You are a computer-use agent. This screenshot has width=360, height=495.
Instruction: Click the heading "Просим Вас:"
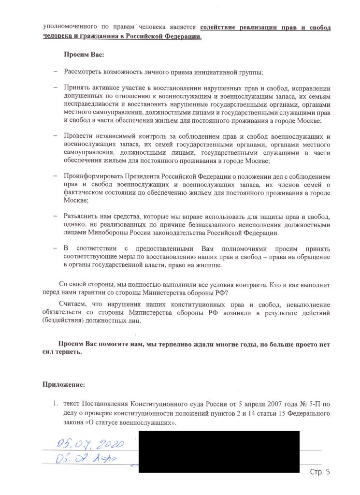(84, 55)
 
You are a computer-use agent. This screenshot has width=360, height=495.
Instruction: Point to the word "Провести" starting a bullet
(78, 136)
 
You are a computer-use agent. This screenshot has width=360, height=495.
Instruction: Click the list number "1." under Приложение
(56, 404)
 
